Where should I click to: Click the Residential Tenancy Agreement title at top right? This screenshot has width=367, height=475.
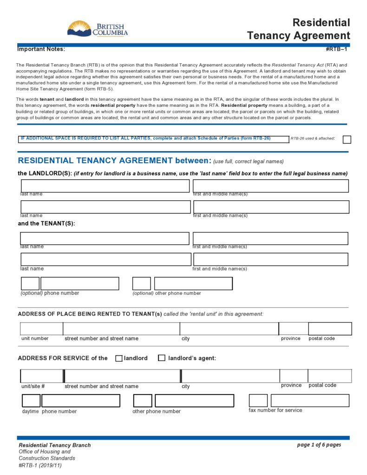tap(298, 29)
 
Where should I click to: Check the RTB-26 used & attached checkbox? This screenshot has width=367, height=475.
tap(347, 139)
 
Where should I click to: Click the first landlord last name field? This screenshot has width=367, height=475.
tap(105, 186)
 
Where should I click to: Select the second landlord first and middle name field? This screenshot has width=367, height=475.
tap(271, 207)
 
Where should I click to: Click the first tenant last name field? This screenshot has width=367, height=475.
tap(105, 238)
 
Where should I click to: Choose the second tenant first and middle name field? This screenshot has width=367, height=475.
tap(270, 259)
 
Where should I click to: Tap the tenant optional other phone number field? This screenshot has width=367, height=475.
tap(193, 284)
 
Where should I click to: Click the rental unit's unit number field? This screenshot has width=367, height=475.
tap(41, 329)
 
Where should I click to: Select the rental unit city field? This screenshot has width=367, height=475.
tap(229, 329)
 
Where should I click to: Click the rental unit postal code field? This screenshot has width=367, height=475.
tap(330, 329)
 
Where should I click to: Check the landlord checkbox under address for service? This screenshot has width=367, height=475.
tap(119, 358)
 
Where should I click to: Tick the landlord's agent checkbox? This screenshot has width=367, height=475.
tap(162, 358)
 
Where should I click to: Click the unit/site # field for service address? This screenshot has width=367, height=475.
tap(42, 376)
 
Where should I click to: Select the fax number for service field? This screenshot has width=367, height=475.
tap(310, 401)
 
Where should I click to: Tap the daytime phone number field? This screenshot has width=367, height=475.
tap(80, 401)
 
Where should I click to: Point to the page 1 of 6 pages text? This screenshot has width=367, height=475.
tap(319, 445)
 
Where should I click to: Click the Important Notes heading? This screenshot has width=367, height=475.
tap(41, 49)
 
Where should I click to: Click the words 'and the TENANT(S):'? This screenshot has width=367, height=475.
tap(46, 224)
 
